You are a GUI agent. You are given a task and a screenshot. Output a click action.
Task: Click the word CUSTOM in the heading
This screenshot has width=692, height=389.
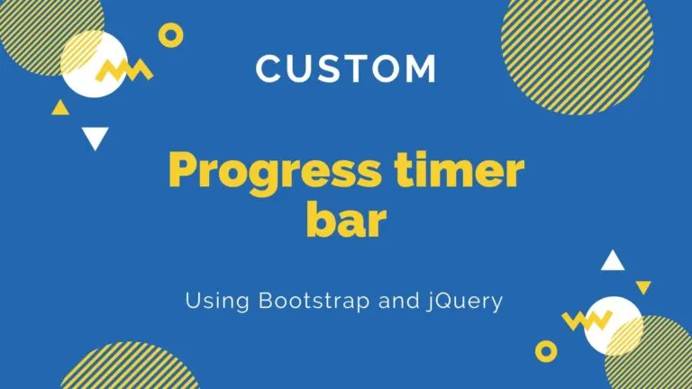pyautogui.click(x=346, y=68)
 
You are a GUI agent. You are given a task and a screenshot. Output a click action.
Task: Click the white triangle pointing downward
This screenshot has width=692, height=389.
pyautogui.click(x=95, y=138)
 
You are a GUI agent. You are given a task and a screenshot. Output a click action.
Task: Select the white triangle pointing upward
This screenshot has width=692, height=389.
pyautogui.click(x=613, y=262)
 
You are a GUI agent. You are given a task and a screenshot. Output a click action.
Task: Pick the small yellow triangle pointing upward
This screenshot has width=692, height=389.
pyautogui.click(x=60, y=109)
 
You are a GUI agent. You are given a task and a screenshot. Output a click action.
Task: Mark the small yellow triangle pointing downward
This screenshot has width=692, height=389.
pyautogui.click(x=643, y=287)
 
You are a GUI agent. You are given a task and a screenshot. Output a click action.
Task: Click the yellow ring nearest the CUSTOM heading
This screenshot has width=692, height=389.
pyautogui.click(x=170, y=35)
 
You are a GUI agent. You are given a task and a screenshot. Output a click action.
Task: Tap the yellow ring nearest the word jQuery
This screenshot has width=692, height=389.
pyautogui.click(x=546, y=349)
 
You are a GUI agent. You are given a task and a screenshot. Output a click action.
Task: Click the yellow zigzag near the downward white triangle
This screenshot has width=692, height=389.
pyautogui.click(x=123, y=70)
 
